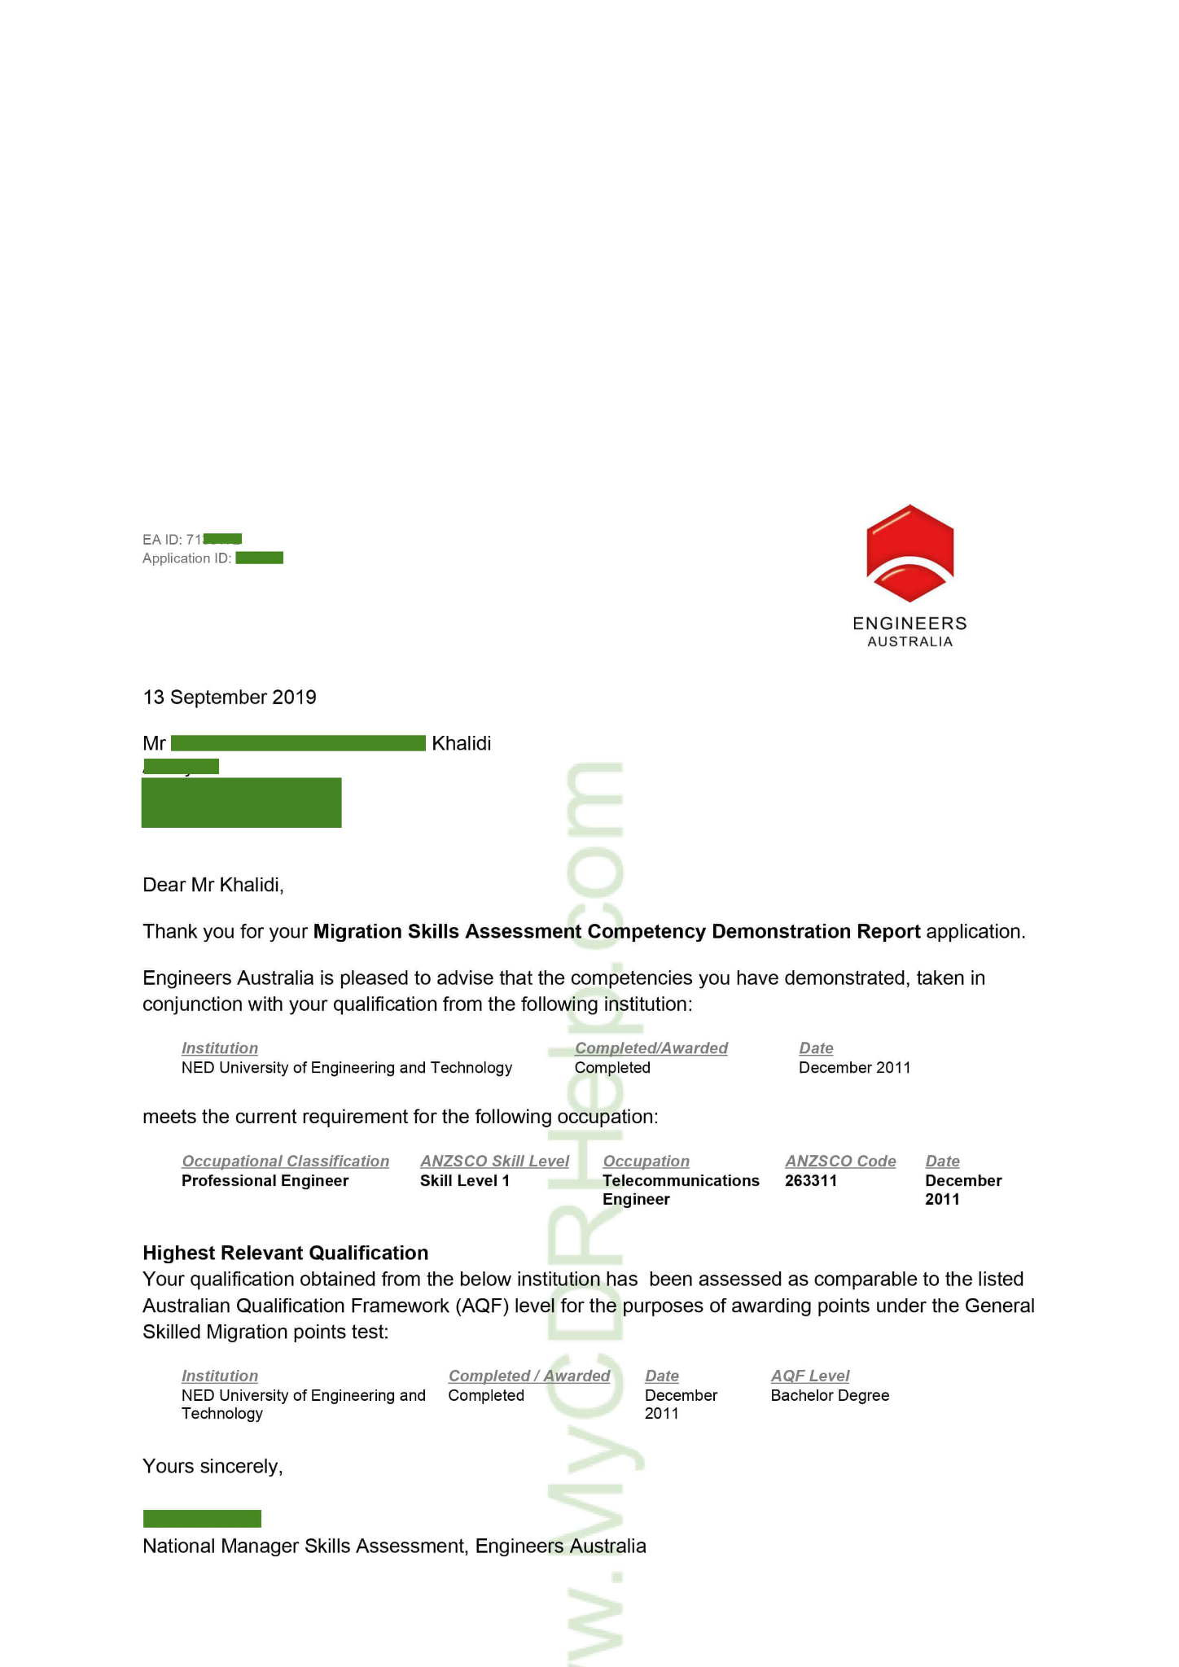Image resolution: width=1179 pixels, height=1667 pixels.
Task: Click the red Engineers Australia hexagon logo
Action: [x=909, y=553]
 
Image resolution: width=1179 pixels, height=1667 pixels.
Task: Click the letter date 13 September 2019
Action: [x=230, y=698]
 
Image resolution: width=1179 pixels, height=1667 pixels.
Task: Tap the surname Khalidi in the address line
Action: [x=461, y=743]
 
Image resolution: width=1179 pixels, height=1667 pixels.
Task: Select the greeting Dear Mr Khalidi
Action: [x=213, y=885]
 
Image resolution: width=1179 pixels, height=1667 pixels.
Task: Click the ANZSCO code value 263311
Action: [x=811, y=1180]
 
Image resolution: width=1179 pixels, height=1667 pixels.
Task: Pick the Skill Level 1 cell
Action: [x=465, y=1180]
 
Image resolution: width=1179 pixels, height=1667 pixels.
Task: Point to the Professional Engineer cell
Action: [x=265, y=1180]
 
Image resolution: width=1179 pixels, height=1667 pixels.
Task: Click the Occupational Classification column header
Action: [x=285, y=1161]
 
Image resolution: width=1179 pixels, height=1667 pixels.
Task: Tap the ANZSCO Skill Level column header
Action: [x=494, y=1161]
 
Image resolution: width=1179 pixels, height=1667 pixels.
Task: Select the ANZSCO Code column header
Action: [x=840, y=1161]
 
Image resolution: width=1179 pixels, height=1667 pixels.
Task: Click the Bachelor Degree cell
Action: [x=830, y=1395]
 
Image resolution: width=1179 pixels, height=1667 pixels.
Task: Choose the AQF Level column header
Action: [x=810, y=1376]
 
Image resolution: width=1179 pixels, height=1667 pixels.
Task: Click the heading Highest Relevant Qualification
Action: [x=285, y=1253]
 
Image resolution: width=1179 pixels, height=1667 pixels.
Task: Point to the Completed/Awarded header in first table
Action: [x=651, y=1048]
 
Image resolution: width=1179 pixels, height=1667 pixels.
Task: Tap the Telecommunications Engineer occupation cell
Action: [x=681, y=1189]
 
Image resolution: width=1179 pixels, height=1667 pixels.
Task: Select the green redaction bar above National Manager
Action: [x=202, y=1518]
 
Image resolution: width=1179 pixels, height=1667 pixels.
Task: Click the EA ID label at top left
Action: [x=162, y=539]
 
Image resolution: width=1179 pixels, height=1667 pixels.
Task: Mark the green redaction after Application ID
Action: [x=260, y=558]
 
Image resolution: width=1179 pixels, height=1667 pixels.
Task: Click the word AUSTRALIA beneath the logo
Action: [x=909, y=641]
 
